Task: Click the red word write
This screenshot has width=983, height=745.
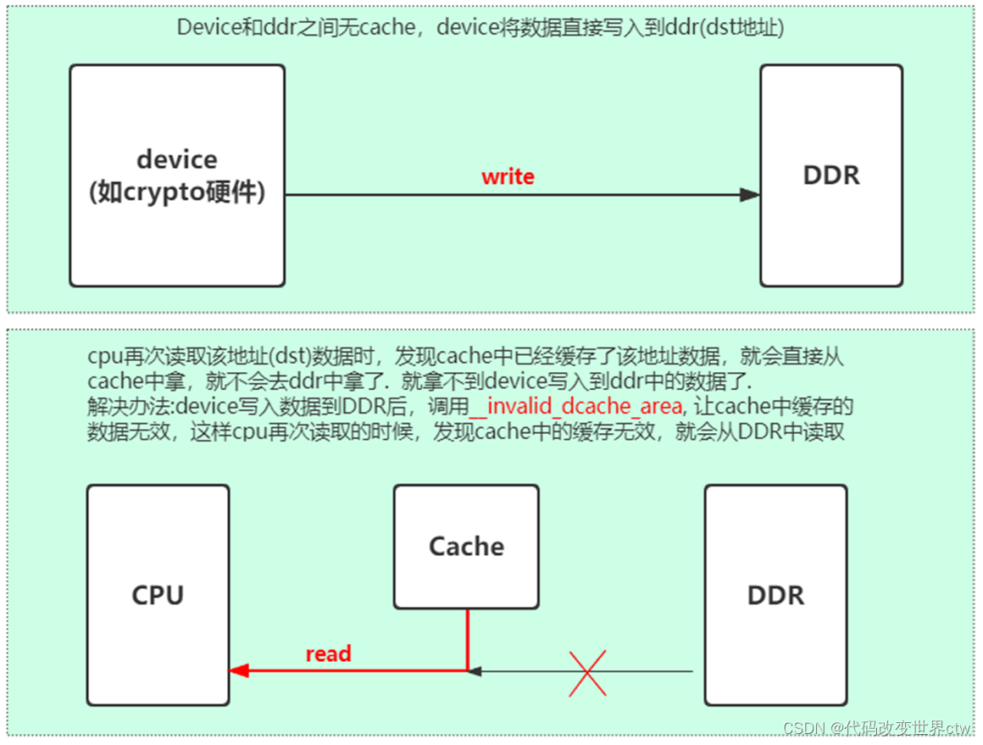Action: click(508, 177)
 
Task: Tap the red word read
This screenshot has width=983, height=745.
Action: click(328, 653)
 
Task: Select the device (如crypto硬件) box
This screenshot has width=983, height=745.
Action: click(177, 175)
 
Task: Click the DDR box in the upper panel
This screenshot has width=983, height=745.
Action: click(830, 175)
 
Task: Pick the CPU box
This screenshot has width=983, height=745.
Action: click(158, 595)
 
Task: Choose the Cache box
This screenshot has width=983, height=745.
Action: click(466, 547)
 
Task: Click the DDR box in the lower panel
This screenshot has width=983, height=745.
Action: click(775, 595)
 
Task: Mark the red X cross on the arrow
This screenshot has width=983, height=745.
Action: click(586, 672)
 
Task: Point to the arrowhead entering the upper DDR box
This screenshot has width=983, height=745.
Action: click(749, 195)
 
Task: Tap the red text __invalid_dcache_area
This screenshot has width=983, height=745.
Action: click(575, 407)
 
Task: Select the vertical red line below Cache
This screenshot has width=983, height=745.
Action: click(467, 639)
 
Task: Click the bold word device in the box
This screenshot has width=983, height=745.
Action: click(177, 159)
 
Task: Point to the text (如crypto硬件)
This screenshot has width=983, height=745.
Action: click(177, 192)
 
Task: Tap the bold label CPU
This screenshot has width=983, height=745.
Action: click(158, 595)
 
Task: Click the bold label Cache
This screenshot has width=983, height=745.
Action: click(466, 547)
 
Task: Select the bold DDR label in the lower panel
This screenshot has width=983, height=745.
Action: click(775, 595)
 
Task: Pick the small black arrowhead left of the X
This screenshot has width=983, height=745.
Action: click(475, 671)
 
